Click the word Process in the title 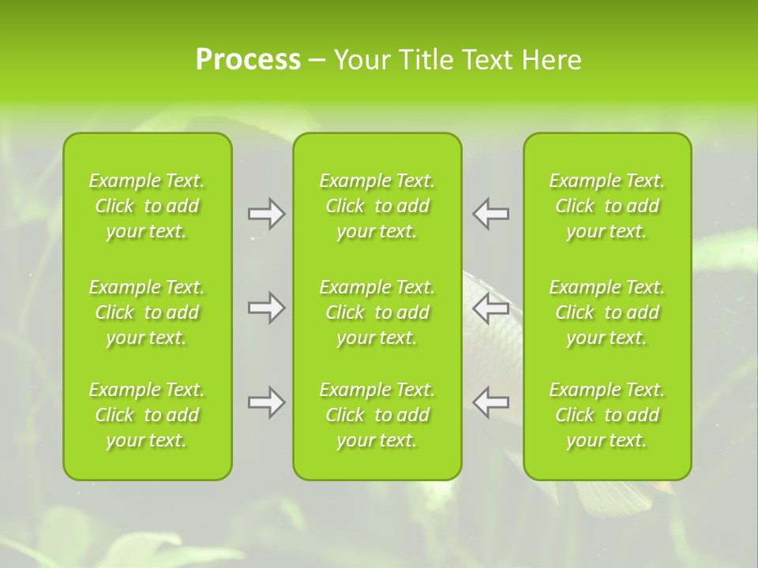tap(247, 60)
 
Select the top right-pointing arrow tap(266, 214)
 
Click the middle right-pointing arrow tap(266, 308)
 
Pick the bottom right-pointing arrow tap(266, 402)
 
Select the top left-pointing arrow tap(491, 214)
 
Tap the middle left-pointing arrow tap(491, 308)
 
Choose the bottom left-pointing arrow tap(491, 402)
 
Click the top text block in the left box tap(147, 206)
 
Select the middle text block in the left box tap(147, 312)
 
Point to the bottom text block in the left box tap(147, 415)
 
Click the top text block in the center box tap(377, 206)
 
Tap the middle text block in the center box tap(377, 312)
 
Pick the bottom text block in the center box tap(377, 415)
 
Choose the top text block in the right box tap(607, 206)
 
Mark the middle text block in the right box tap(607, 312)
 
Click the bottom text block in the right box tap(607, 415)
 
